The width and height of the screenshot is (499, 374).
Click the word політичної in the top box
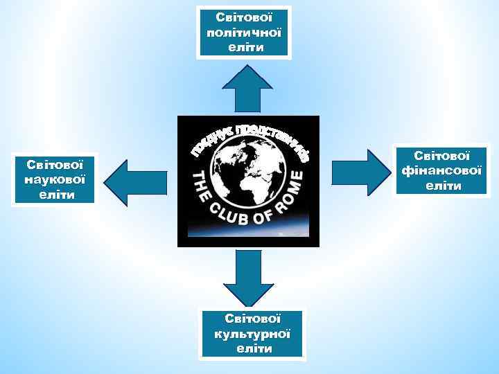click(244, 32)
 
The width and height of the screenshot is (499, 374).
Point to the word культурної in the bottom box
click(253, 333)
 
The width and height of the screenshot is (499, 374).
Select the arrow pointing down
click(248, 277)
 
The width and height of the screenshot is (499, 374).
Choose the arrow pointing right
click(360, 168)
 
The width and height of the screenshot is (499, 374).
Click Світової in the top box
click(244, 16)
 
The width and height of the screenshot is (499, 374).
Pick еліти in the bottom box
click(253, 348)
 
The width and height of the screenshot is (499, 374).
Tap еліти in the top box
click(244, 47)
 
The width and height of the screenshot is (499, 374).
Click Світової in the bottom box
click(253, 319)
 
